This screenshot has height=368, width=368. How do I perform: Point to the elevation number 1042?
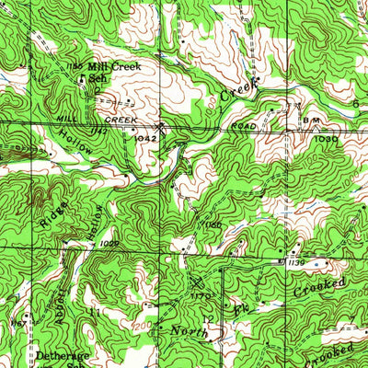pyautogui.click(x=145, y=135)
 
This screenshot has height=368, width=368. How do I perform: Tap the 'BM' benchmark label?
pyautogui.click(x=307, y=120)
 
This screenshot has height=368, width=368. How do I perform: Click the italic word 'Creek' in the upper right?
pyautogui.click(x=240, y=89)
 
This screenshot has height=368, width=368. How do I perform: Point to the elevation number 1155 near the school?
pyautogui.click(x=75, y=65)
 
